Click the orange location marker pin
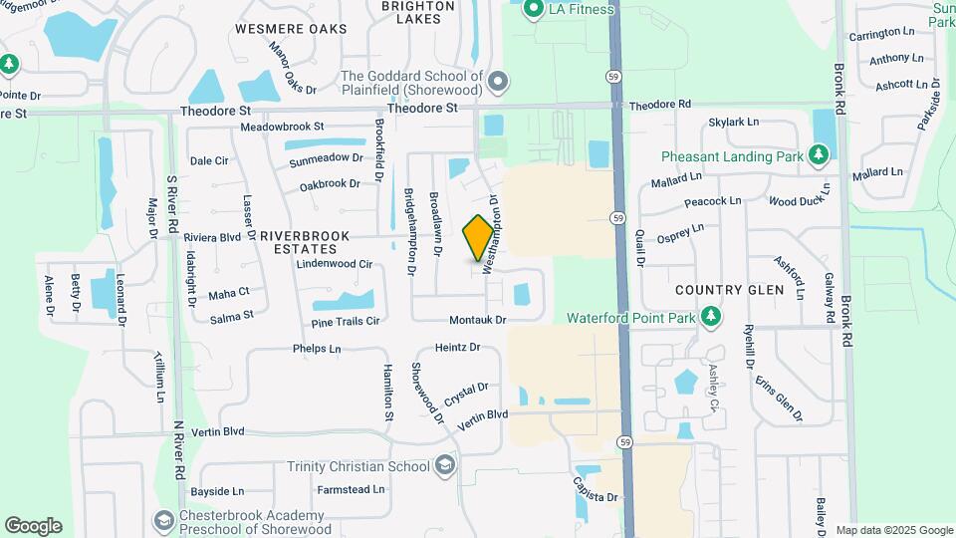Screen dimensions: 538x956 [479, 238]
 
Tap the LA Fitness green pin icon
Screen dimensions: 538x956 [533, 10]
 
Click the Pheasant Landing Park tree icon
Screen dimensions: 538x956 [818, 155]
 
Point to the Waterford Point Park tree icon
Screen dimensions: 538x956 [710, 318]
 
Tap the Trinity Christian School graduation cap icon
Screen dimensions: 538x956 [444, 466]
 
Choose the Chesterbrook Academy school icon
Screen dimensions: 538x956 [162, 520]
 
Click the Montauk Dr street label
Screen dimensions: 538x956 [478, 320]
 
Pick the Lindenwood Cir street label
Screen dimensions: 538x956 [334, 264]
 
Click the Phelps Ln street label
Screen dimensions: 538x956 [317, 349]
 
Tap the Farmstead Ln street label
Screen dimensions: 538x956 [351, 489]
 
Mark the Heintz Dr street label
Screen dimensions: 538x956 [458, 348]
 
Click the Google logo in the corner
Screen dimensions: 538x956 [33, 525]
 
